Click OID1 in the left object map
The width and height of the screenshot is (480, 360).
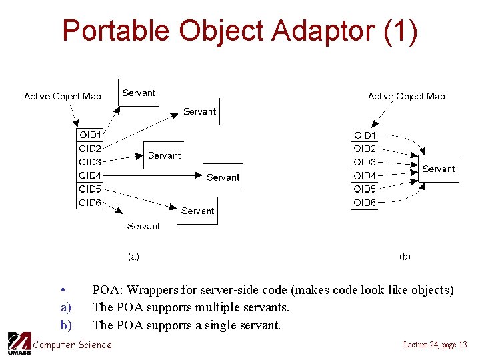[x=90, y=135]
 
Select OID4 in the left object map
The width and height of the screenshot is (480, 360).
[x=90, y=175]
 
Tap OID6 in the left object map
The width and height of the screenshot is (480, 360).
[x=90, y=203]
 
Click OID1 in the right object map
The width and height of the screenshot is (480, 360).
[x=365, y=135]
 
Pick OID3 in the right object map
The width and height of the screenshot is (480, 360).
[x=365, y=162]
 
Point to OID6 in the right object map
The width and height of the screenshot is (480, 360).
[x=365, y=203]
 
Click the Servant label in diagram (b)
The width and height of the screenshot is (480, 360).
[x=439, y=169]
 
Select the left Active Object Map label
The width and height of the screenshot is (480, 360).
[x=63, y=96]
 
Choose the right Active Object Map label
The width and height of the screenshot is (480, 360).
[x=407, y=96]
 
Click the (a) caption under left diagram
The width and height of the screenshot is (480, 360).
[x=133, y=256]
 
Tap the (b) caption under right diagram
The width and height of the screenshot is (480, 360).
[x=405, y=256]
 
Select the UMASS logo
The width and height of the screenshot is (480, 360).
[x=19, y=343]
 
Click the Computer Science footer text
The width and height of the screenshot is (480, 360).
[x=72, y=345]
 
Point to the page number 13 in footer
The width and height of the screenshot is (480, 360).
[x=463, y=344]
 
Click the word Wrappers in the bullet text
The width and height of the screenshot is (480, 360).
[x=154, y=290]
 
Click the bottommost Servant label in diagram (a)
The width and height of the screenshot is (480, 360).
[x=143, y=226]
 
